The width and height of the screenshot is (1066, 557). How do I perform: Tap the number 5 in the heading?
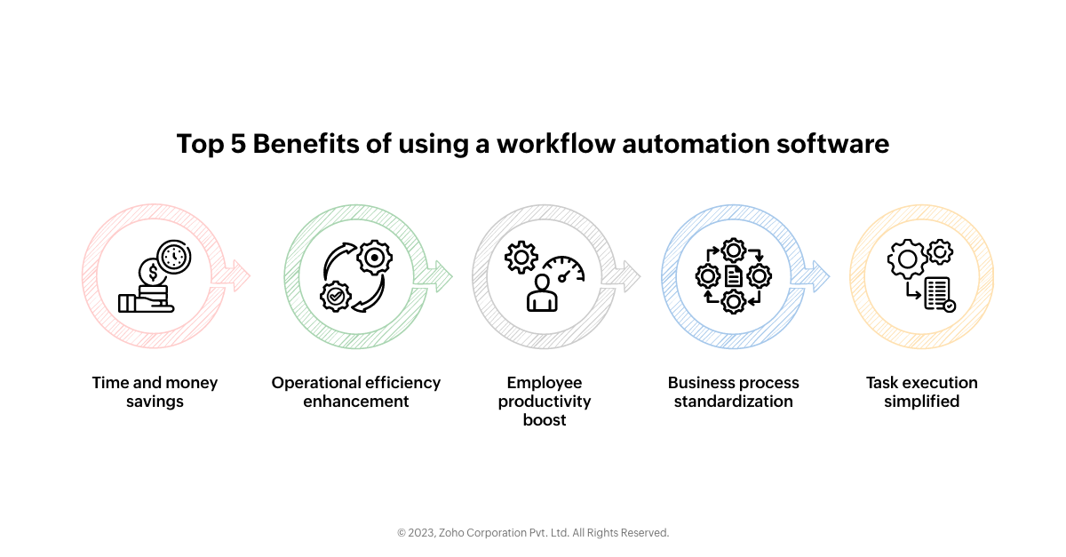coord(238,144)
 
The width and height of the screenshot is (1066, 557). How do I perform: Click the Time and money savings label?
coord(155,392)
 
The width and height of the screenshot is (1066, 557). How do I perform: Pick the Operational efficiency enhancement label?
coord(356,392)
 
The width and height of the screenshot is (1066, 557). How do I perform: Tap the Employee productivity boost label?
coord(545,401)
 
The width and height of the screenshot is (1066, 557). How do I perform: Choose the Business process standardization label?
coord(734,392)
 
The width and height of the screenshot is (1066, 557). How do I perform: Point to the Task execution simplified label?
coord(922,392)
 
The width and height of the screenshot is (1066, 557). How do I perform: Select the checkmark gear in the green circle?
coord(335,296)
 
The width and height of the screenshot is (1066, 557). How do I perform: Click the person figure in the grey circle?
coord(542,292)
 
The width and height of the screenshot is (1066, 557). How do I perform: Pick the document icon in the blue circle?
coord(734,276)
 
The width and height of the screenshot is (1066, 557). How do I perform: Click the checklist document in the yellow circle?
coord(939,294)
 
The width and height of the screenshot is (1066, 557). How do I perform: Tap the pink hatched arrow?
coord(236,275)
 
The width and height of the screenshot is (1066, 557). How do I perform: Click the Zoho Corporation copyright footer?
coord(533,533)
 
